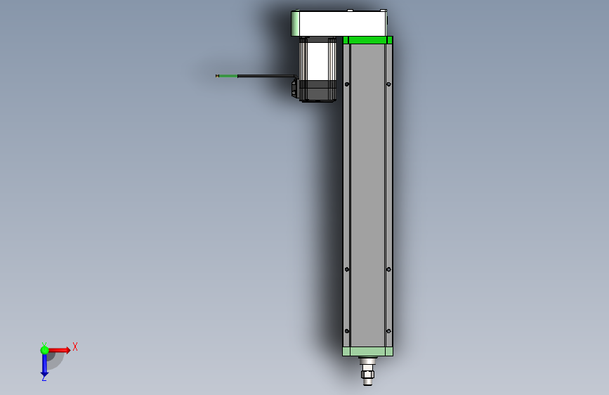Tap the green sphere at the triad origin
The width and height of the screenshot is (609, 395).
44,350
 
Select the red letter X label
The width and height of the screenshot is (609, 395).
74,347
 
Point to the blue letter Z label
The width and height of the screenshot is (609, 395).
44,378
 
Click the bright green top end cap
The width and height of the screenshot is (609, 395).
367,40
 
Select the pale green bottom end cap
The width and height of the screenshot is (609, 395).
367,351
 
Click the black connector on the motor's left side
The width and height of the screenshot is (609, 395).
295,89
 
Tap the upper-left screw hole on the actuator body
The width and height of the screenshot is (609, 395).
347,84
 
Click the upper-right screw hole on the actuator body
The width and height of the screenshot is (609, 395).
388,84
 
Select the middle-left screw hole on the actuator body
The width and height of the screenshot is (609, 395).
347,268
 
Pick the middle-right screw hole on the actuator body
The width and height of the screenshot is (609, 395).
388,268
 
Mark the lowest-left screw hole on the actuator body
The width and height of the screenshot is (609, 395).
347,330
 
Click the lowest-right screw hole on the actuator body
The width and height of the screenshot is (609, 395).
388,330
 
